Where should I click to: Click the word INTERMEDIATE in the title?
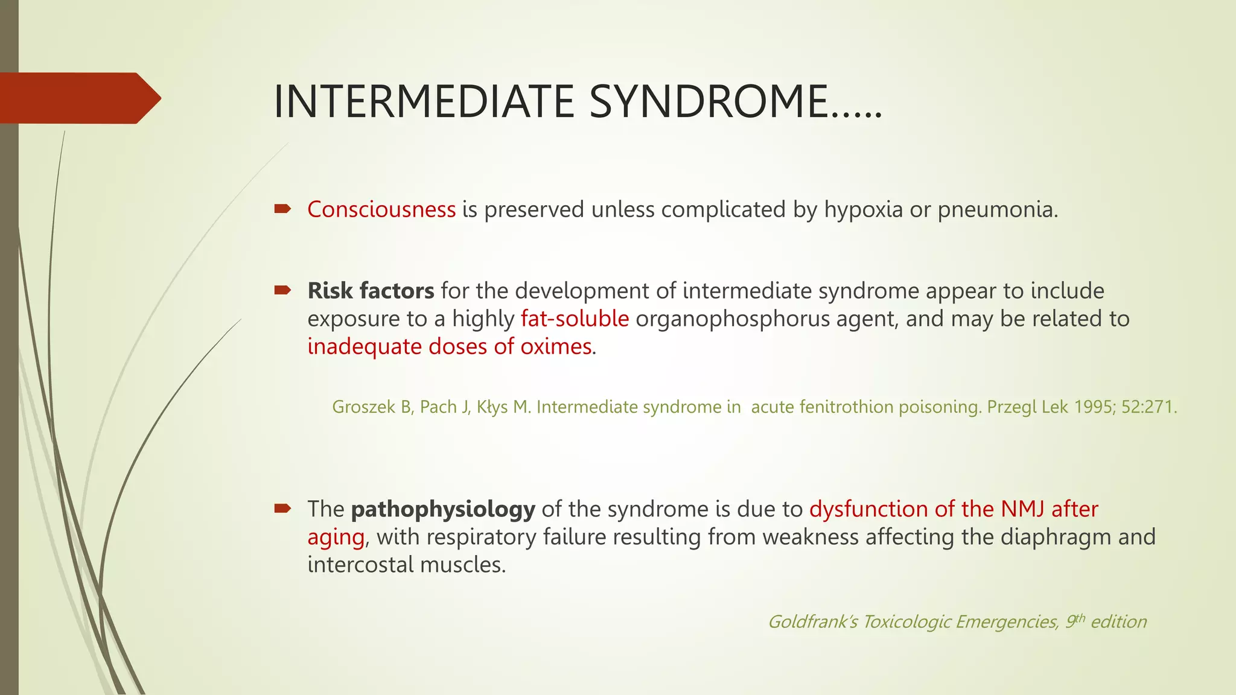pyautogui.click(x=424, y=101)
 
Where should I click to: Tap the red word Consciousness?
pyautogui.click(x=381, y=209)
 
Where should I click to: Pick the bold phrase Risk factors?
pyautogui.click(x=371, y=291)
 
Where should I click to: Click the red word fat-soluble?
pyautogui.click(x=575, y=319)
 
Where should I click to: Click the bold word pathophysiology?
pyautogui.click(x=443, y=509)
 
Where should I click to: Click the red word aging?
pyautogui.click(x=336, y=537)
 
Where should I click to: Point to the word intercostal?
pyautogui.click(x=360, y=565)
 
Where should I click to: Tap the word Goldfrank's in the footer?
pyautogui.click(x=812, y=621)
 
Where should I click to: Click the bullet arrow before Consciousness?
pyautogui.click(x=282, y=209)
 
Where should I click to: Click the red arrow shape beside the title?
pyautogui.click(x=78, y=98)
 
